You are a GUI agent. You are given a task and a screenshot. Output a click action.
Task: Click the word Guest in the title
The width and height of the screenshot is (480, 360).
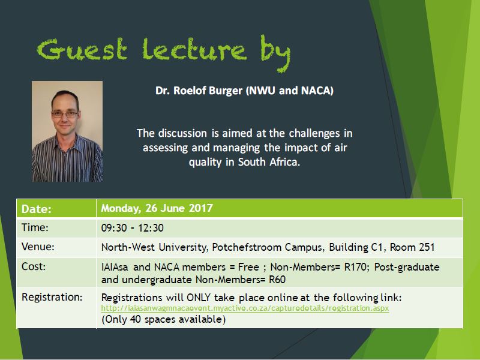(82, 49)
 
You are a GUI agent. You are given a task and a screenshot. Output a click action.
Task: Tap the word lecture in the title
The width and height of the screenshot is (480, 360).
(194, 49)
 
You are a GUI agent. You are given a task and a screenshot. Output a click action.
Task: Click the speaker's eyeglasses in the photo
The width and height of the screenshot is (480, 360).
(65, 114)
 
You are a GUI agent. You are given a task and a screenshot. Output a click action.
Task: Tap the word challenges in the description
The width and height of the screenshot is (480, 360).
(314, 133)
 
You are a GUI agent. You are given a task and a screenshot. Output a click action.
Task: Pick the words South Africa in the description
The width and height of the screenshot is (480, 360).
(269, 161)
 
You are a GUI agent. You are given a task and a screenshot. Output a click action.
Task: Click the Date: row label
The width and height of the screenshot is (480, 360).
(37, 209)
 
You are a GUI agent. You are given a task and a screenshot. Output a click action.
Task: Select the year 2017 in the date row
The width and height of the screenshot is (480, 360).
(200, 208)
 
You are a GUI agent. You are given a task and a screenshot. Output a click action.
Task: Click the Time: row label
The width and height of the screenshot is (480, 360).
(35, 227)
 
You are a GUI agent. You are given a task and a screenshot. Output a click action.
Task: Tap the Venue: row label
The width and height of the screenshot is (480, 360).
(38, 247)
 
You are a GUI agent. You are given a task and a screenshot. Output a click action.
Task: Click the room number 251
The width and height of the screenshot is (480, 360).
(427, 247)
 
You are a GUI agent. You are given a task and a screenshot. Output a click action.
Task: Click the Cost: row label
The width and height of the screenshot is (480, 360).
(34, 266)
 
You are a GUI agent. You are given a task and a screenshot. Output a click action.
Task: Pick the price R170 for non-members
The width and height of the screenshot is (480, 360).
(355, 267)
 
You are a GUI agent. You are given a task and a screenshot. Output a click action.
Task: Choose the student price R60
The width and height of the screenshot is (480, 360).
(277, 280)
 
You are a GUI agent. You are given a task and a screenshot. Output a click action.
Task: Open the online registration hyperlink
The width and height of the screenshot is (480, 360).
(245, 308)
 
